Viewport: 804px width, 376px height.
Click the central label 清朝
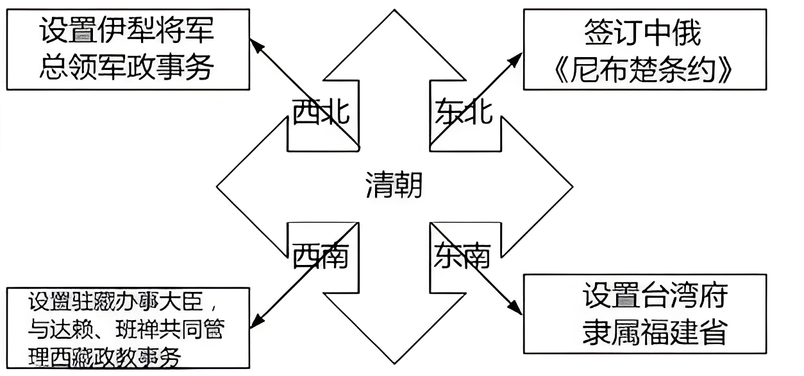pos(394,185)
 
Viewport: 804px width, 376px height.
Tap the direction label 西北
pos(321,114)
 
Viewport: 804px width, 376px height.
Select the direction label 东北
pos(464,114)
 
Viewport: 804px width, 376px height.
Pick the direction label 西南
pos(321,257)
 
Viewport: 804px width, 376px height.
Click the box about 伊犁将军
pos(128,49)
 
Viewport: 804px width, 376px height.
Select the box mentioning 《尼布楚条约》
pos(644,49)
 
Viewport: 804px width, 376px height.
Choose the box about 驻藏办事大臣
pos(128,329)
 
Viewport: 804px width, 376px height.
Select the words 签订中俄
pos(643,32)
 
